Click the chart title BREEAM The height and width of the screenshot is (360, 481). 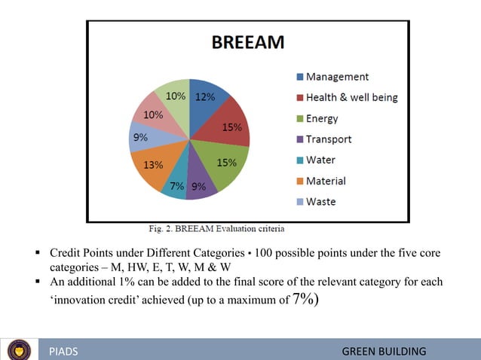point(247,42)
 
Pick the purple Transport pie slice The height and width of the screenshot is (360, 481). point(200,184)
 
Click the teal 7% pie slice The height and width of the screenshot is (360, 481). point(175,185)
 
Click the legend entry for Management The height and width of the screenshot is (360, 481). point(337,77)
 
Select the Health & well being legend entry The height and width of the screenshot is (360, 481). point(351,97)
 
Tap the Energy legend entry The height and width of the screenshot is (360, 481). point(322,118)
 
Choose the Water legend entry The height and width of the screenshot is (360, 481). point(320,160)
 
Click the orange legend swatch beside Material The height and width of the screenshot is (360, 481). point(299,182)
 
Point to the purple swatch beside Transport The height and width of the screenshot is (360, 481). point(299,139)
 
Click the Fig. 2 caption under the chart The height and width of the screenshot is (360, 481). point(216,227)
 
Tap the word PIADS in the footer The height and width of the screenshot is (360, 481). point(63,352)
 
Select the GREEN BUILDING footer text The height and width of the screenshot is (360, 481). point(384,352)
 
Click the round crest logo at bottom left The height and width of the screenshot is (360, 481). point(19,350)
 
